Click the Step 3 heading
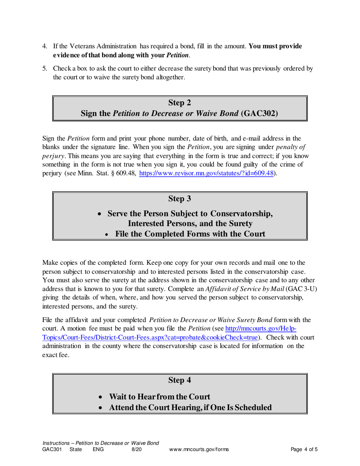(180, 198)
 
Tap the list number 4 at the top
(44, 46)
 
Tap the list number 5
(44, 69)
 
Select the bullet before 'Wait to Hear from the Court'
(100, 397)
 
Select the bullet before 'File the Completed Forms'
(106, 235)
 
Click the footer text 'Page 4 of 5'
(304, 450)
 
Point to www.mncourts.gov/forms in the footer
(199, 450)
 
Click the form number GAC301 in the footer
(51, 450)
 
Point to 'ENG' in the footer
(98, 450)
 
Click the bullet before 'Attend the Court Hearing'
(100, 408)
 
